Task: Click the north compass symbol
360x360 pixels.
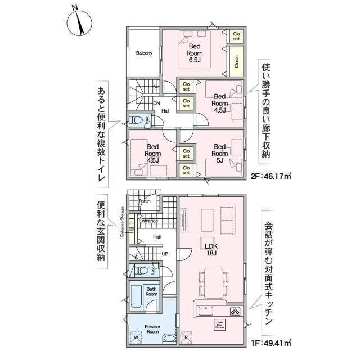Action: coord(79,23)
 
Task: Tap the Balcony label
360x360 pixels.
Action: coord(144,53)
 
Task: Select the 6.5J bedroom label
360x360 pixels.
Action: coord(195,53)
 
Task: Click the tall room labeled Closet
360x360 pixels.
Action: coord(236,61)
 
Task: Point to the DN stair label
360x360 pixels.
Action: coord(156,103)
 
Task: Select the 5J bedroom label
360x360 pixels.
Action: coord(220,154)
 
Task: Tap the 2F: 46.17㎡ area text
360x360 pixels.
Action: coord(271,176)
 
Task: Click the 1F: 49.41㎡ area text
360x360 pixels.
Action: coord(271,343)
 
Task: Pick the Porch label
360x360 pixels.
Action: coord(145,201)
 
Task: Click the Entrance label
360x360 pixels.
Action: coord(148,221)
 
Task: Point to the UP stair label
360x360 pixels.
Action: coord(165,254)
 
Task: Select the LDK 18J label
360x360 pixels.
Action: coord(211,250)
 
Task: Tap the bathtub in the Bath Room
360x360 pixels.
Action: coord(136,296)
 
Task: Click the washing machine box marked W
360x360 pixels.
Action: coord(136,337)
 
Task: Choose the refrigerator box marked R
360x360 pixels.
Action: coord(186,337)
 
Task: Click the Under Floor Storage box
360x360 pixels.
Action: coord(220,325)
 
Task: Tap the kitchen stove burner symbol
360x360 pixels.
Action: coord(235,311)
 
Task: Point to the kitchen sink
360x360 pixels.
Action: coord(206,311)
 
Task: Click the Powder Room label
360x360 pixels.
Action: coord(152,329)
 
